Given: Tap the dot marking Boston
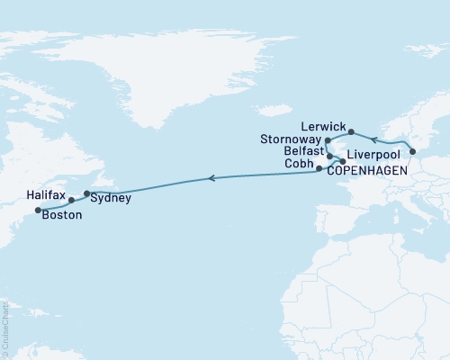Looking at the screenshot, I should point(38,211).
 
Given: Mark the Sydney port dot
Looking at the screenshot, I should point(86,193).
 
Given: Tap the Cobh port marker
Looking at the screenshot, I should point(319,168).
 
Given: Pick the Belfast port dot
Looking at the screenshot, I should point(330,156).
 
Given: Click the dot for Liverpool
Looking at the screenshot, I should point(342,162).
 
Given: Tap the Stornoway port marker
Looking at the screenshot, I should point(328,142).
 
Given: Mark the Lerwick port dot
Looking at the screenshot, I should point(352,131).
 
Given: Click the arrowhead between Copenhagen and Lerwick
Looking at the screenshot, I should point(374,140).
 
